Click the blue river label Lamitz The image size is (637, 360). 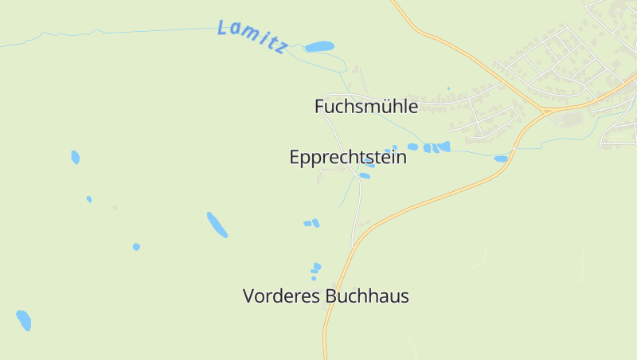[x=252, y=37]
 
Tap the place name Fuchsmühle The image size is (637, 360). [x=365, y=106]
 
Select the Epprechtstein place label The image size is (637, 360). [x=347, y=158]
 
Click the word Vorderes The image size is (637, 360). [x=282, y=296]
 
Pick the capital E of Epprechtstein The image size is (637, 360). [x=295, y=158]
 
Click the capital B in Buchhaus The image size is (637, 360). [x=331, y=296]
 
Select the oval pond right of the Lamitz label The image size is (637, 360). [x=319, y=47]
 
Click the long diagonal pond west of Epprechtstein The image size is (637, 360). [x=217, y=225]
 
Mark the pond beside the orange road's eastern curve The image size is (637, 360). [x=500, y=158]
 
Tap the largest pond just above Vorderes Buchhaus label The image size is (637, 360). [x=317, y=266]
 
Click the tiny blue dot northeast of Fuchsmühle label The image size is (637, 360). [x=448, y=88]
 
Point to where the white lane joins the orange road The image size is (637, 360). [x=353, y=245]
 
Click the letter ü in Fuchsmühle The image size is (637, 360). [x=379, y=106]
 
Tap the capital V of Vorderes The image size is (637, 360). [x=248, y=296]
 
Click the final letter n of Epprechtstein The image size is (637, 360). [x=401, y=158]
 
